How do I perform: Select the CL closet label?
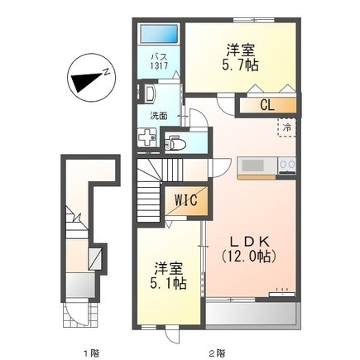click(x=266, y=105)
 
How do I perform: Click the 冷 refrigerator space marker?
click(x=286, y=128)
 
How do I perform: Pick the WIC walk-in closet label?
click(x=183, y=201)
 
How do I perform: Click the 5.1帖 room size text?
click(x=169, y=282)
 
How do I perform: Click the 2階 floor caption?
click(x=217, y=353)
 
